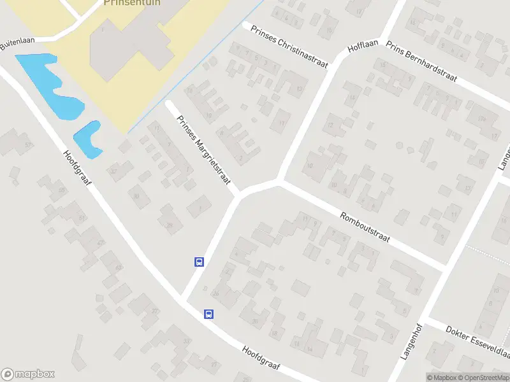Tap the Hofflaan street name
(363, 48)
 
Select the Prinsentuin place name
(131, 3)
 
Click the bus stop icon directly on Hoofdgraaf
(208, 313)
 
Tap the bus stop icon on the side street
(199, 262)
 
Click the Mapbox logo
(28, 374)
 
